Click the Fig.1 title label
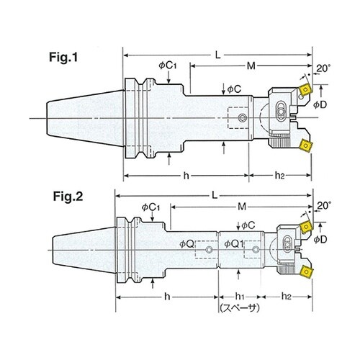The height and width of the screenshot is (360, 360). click(x=63, y=57)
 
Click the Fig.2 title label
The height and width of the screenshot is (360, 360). click(x=68, y=197)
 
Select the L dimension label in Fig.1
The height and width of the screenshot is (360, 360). click(x=217, y=55)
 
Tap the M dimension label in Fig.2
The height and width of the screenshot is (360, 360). click(x=242, y=207)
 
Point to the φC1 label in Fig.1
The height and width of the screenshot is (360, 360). click(x=168, y=66)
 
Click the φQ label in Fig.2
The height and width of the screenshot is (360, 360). click(x=186, y=244)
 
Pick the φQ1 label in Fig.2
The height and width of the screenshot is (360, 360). click(x=234, y=244)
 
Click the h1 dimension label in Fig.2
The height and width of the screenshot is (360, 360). click(x=240, y=297)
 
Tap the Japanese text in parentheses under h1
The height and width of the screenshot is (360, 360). click(x=240, y=308)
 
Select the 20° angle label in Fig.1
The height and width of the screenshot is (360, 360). click(x=323, y=68)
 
